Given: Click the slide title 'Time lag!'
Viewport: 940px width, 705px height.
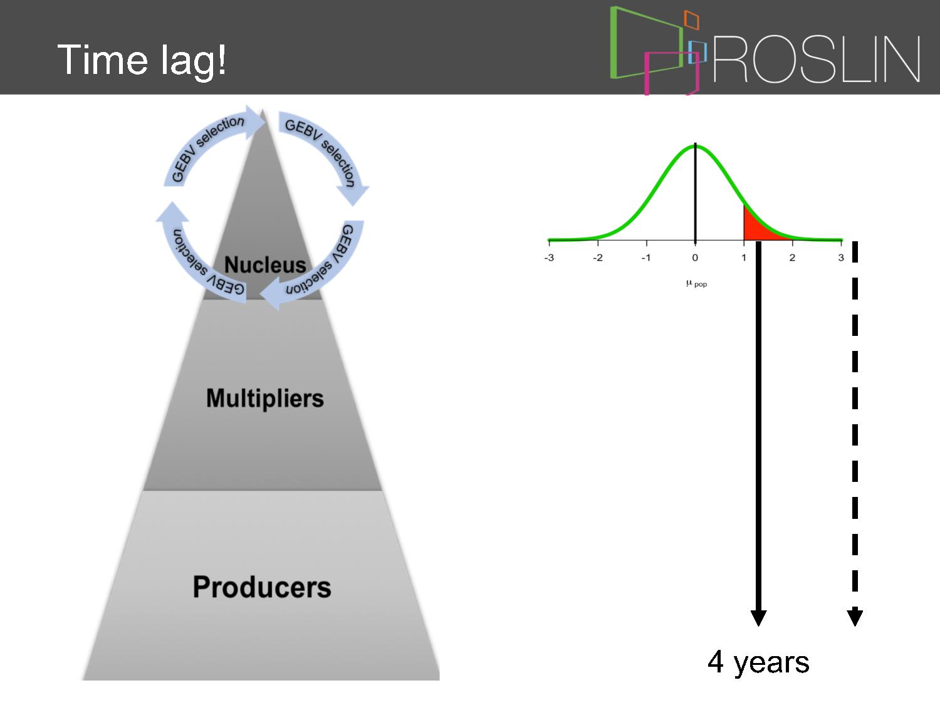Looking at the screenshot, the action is pos(142,60).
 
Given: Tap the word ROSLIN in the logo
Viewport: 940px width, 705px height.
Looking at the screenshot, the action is pos(817,59).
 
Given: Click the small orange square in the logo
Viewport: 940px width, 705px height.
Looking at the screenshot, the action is pos(692,20).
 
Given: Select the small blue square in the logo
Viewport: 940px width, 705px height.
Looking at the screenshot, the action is pos(697,52).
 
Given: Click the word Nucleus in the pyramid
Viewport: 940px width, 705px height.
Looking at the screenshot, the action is pos(265,264).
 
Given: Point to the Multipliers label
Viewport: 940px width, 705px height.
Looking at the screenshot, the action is pos(265,399).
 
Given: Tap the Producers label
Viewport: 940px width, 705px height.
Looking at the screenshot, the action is pos(262,587).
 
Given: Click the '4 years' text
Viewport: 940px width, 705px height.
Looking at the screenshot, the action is pos(758,662).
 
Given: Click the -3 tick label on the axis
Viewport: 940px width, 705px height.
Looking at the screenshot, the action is pos(549,258).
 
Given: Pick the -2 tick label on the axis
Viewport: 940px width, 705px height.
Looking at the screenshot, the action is pos(597,258).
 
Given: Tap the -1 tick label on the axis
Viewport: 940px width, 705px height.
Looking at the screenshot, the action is pos(646,258).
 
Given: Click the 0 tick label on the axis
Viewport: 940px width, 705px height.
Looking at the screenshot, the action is pos(695,258).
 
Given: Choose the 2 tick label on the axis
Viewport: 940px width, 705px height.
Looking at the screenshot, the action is pos(792,258).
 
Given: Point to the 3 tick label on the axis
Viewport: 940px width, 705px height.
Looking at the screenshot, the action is pos(841,258).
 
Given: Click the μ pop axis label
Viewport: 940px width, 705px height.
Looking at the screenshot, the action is pos(696,284).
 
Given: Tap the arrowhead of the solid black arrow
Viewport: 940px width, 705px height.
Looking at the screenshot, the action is pos(758,618).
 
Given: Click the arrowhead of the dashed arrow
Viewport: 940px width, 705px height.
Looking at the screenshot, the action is pos(855,618).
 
